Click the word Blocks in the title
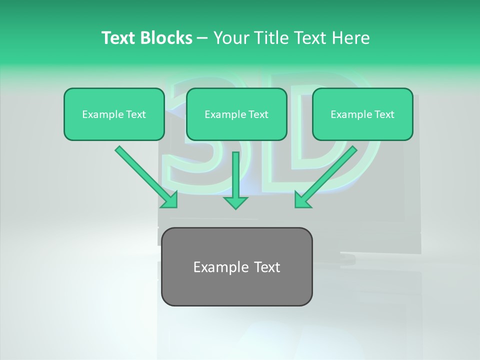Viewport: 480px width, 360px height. (166, 38)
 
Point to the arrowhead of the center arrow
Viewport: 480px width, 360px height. (235, 202)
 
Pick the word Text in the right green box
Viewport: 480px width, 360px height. (384, 114)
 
